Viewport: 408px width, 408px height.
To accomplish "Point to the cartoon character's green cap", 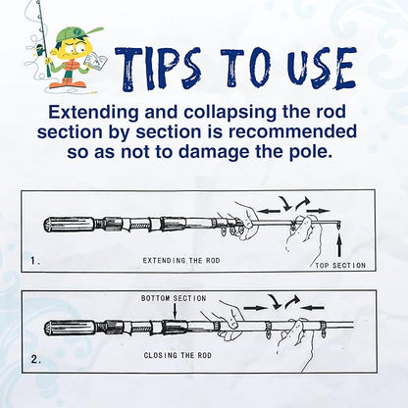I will click(x=65, y=36).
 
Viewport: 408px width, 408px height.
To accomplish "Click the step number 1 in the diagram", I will click(x=35, y=262).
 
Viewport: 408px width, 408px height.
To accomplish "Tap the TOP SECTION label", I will click(x=340, y=266).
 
